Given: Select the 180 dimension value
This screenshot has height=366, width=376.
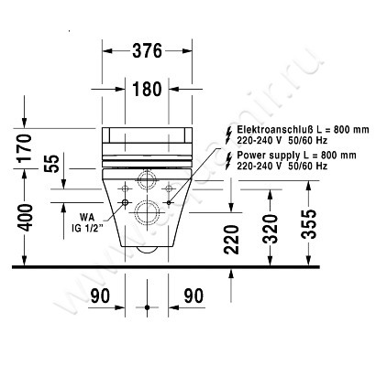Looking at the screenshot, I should (145, 89).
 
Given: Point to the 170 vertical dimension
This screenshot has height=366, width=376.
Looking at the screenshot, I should (25, 147).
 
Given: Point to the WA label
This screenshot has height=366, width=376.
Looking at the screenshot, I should (86, 217).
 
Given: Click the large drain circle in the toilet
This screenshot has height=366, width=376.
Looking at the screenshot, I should (146, 217).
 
